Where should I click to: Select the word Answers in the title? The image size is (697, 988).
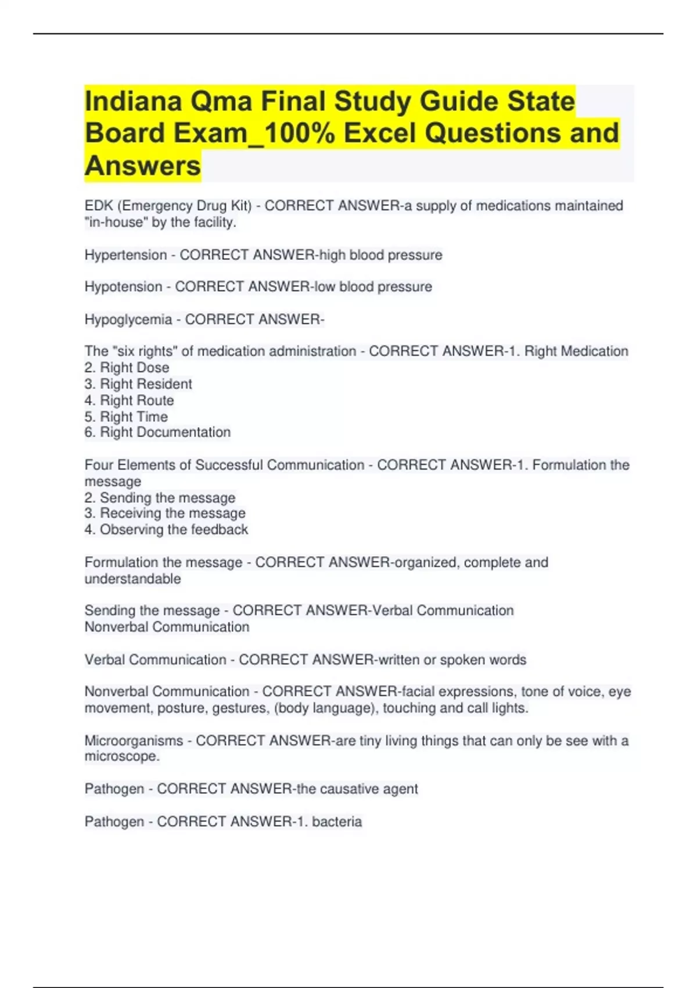(143, 166)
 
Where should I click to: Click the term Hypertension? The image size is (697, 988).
(125, 255)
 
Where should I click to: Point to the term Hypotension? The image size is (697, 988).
(123, 287)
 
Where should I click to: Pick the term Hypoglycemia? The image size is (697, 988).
(128, 320)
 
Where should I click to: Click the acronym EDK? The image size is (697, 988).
(99, 206)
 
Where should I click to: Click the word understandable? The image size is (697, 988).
(132, 579)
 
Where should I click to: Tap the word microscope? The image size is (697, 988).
(121, 757)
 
